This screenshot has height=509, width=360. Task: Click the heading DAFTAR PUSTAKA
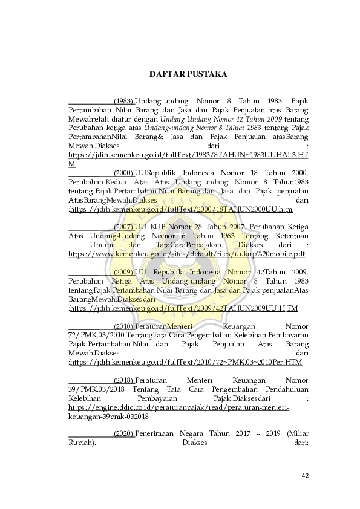click(x=188, y=75)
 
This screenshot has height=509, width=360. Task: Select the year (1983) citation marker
click(x=123, y=100)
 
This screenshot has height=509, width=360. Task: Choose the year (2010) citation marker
click(x=123, y=326)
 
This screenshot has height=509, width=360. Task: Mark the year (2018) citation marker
click(x=123, y=381)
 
